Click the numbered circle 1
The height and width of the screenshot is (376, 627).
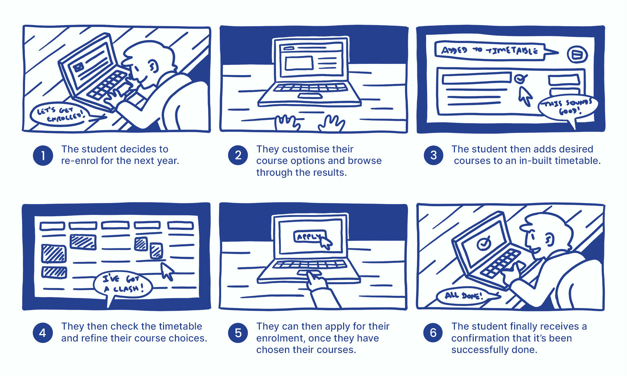43,156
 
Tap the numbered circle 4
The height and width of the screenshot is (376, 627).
43,333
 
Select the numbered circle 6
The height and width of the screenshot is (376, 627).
433,333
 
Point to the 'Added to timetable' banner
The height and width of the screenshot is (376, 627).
489,51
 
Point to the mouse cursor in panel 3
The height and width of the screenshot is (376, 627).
525,95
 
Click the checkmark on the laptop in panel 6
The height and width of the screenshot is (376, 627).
483,243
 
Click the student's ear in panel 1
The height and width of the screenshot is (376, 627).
152,66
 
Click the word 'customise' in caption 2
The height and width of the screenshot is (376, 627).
304,149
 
